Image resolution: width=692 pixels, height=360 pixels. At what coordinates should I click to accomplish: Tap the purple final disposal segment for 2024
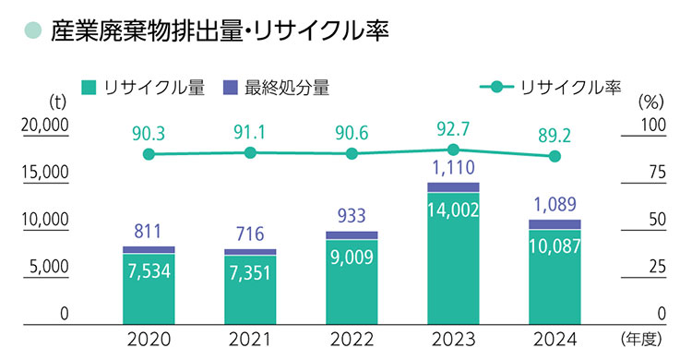[x=555, y=224]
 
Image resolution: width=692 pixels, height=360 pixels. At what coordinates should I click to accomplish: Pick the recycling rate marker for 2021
[x=250, y=152]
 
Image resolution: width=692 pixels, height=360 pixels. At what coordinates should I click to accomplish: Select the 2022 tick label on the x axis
[x=352, y=337]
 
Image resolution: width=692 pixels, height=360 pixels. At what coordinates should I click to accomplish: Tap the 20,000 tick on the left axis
[x=45, y=126]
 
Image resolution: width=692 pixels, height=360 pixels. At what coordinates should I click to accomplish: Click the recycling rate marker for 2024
[x=555, y=157]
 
